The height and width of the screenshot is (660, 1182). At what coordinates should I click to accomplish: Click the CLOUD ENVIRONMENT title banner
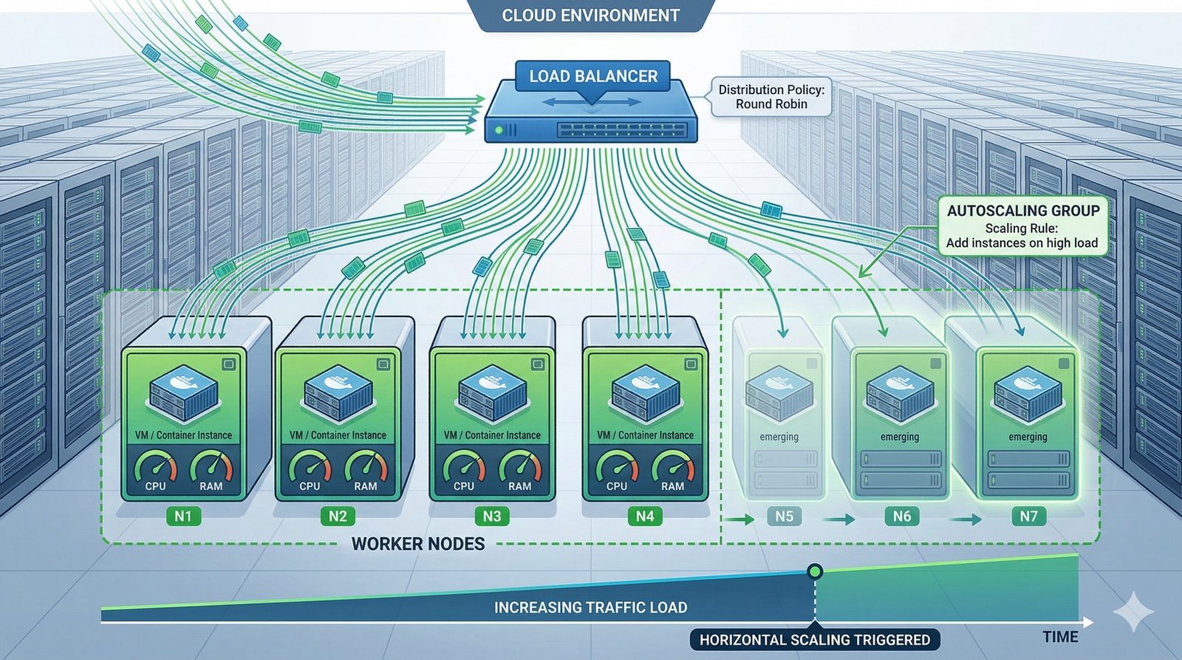(x=590, y=16)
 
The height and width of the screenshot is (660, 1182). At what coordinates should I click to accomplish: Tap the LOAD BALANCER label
(x=592, y=76)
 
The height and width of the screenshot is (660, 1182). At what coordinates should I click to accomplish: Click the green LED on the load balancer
(x=499, y=131)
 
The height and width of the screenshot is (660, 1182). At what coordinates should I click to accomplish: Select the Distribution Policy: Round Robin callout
(x=771, y=97)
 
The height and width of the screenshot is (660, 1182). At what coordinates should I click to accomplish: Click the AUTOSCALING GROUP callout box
(x=1022, y=226)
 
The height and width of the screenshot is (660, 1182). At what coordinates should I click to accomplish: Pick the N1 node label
(x=182, y=516)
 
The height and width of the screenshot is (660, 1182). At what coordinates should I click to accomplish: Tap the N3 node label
(x=491, y=516)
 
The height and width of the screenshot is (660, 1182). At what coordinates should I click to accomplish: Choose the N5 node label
(x=784, y=516)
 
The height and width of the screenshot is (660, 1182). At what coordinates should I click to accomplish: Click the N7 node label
(x=1028, y=516)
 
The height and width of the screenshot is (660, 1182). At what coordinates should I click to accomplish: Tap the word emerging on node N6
(x=900, y=437)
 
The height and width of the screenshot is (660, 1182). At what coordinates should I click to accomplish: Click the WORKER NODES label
(x=418, y=544)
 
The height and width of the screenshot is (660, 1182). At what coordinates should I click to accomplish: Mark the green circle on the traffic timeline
(x=815, y=571)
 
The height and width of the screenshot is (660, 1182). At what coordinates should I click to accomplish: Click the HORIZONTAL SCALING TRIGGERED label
(x=815, y=639)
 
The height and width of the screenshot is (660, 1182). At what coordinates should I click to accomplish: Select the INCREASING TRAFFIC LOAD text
(x=590, y=608)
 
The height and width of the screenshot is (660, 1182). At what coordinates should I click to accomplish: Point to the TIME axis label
(x=1060, y=637)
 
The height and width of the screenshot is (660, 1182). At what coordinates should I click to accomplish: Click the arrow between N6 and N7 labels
(x=966, y=520)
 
